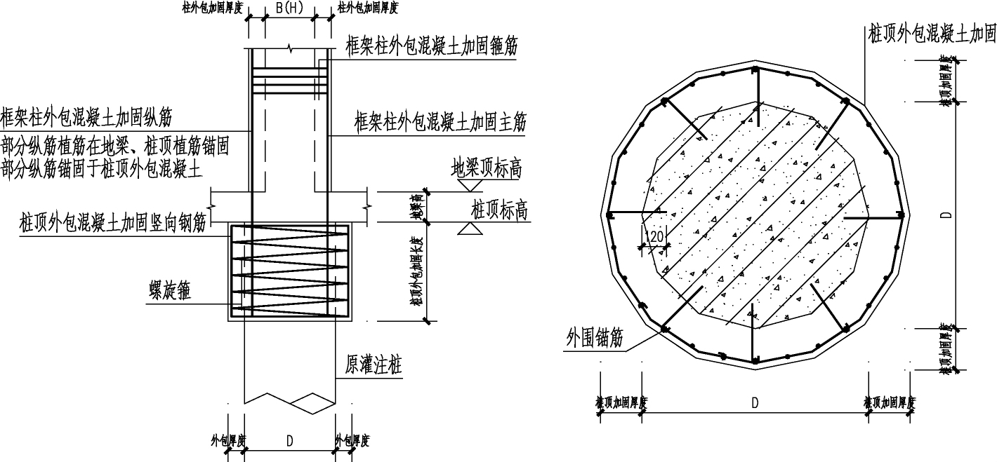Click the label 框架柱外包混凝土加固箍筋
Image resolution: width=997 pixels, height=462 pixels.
432,48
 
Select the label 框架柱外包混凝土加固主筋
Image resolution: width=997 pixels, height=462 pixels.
440,123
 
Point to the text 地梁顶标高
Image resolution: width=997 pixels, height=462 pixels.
487,169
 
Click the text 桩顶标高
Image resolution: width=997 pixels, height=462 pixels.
499,210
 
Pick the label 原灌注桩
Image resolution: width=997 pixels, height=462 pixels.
374,365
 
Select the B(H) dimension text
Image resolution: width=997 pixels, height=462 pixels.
289,8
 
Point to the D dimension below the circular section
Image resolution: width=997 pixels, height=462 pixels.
755,402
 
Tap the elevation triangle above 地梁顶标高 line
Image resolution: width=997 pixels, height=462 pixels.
468,185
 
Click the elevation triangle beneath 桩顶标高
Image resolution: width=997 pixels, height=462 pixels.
468,229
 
